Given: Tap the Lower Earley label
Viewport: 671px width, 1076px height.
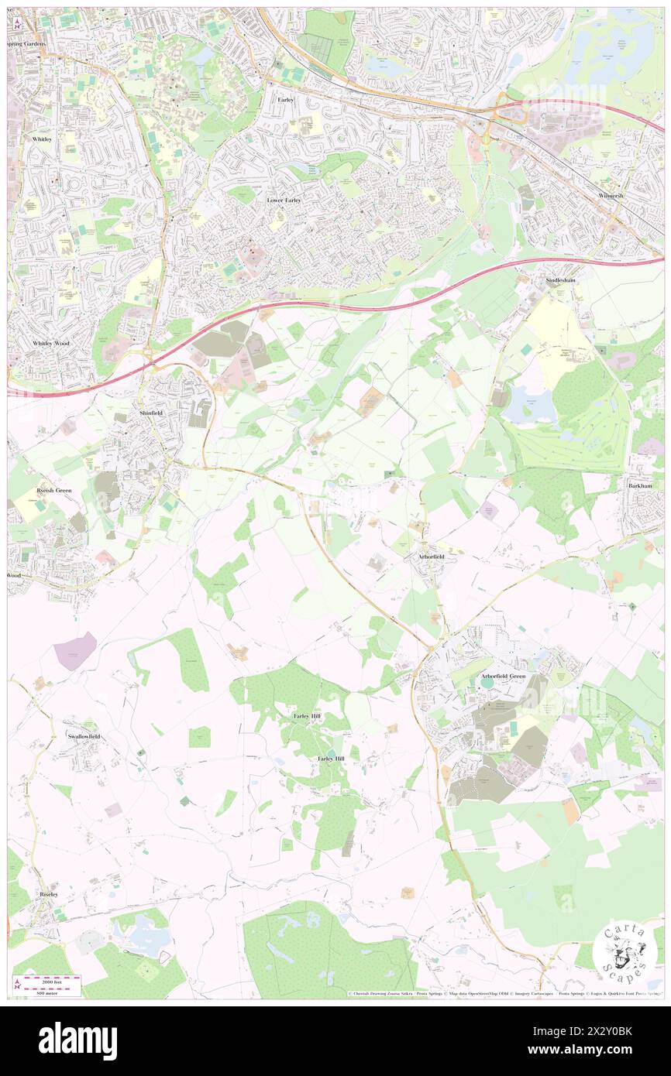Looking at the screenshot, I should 284,200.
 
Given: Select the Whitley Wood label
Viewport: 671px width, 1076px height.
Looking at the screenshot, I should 51,343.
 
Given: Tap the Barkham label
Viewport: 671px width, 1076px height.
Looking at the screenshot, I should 643,485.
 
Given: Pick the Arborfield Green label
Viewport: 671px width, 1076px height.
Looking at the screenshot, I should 503,676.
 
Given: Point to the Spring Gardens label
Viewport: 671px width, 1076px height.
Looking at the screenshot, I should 26,44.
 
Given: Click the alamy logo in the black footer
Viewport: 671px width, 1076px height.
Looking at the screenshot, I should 77,1040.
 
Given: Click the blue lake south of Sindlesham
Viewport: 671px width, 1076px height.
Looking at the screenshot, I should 530,404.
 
